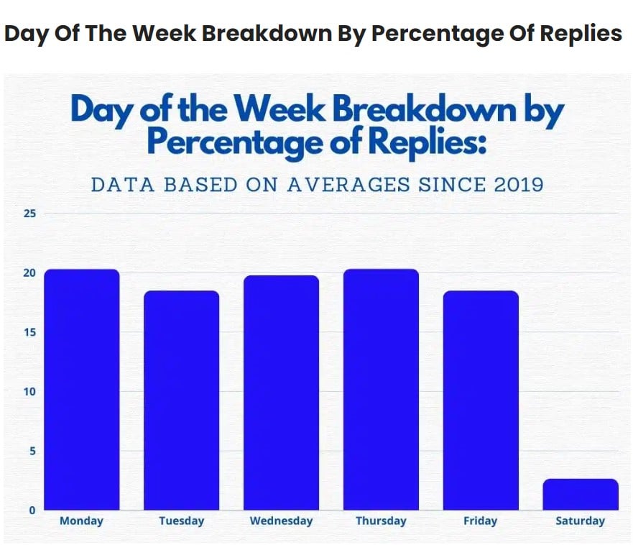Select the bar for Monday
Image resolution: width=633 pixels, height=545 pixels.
(x=81, y=389)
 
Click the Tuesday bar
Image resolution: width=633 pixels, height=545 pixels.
(x=181, y=400)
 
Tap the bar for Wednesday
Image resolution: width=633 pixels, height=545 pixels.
(x=281, y=392)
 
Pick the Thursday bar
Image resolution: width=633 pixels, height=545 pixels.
(x=381, y=389)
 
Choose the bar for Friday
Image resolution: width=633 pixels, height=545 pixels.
(x=481, y=400)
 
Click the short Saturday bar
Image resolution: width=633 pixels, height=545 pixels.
(x=581, y=494)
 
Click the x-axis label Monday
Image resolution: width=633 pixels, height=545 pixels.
(x=81, y=521)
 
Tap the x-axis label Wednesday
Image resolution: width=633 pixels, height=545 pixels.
(x=281, y=521)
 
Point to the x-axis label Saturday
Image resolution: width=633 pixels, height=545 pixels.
(x=581, y=521)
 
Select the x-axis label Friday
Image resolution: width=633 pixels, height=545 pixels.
(x=481, y=521)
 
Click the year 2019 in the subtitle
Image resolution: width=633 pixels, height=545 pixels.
(x=519, y=184)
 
